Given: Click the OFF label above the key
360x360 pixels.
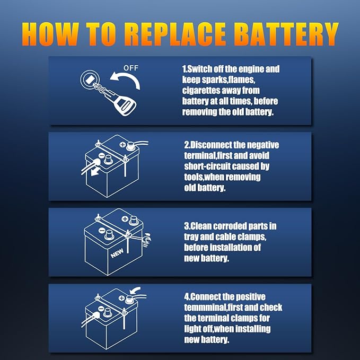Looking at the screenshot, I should click(x=130, y=68).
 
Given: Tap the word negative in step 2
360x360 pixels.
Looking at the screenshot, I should click(x=260, y=145).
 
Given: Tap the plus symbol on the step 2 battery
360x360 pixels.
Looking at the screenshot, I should click(x=124, y=144).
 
